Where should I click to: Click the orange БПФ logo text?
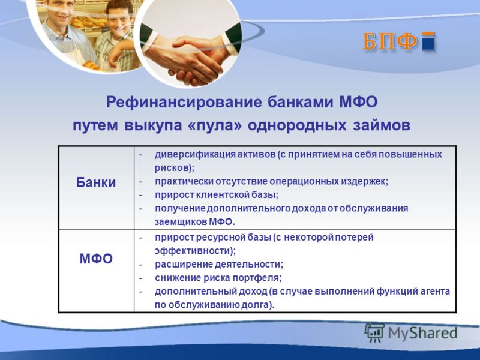point(389,41)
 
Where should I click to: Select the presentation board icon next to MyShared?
point(374,332)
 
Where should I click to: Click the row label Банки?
point(96,182)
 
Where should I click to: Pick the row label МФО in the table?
point(96,259)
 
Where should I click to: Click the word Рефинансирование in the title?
point(184,102)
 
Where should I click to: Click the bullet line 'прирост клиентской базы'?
point(217,195)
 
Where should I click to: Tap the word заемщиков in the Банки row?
point(181,222)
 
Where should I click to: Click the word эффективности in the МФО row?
point(193,251)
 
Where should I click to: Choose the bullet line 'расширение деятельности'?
point(219,264)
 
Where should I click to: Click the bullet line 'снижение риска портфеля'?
point(218,278)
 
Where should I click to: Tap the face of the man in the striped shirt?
point(119,19)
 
